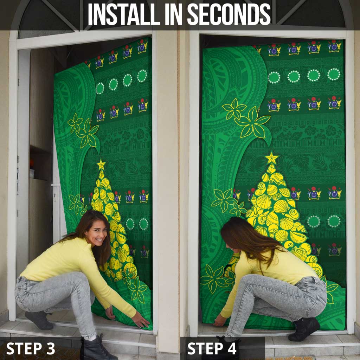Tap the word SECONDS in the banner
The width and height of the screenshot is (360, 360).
point(229,14)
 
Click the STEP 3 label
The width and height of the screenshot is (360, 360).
point(31,348)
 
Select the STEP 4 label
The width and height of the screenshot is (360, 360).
point(212,348)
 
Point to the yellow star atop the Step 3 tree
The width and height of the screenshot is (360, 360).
point(101,165)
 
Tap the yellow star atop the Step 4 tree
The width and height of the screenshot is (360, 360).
point(272,158)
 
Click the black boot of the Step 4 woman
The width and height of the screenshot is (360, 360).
point(304,329)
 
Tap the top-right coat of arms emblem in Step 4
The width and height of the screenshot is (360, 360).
point(335,46)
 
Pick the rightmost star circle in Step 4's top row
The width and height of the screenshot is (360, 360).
point(334,75)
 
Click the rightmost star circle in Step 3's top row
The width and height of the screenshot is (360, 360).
point(142,76)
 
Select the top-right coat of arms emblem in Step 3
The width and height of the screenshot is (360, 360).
point(142,46)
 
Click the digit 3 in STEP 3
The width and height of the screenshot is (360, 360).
point(50,348)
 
